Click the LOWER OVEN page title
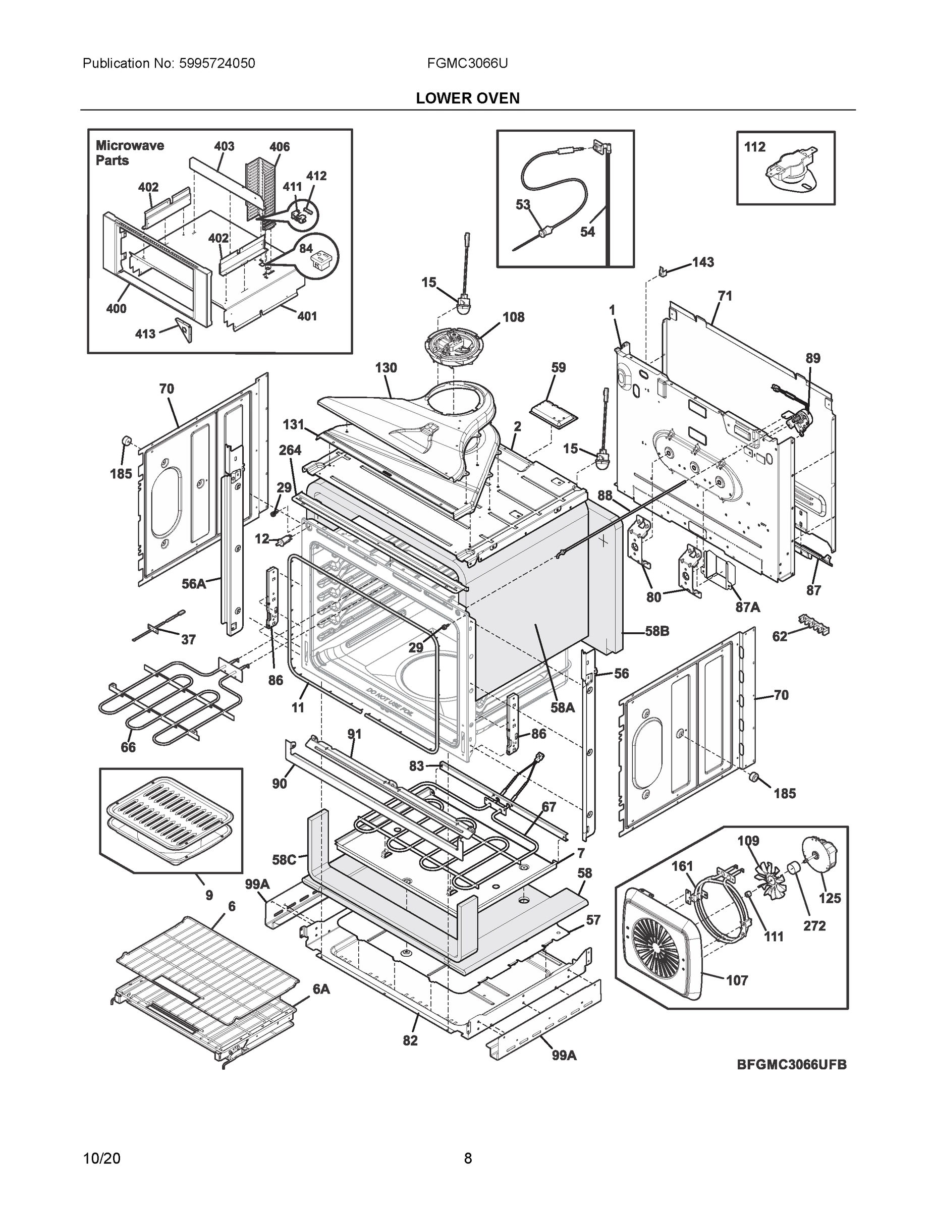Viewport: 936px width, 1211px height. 467,98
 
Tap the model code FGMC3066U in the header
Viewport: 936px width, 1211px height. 467,63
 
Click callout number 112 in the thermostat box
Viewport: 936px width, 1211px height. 754,147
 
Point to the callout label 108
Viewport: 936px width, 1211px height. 513,317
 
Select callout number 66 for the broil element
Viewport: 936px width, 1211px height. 128,747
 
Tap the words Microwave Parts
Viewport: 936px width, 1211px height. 129,153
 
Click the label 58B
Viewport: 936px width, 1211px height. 656,631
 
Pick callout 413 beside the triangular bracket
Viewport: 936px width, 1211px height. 145,334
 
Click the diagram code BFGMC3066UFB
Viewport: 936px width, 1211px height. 791,1065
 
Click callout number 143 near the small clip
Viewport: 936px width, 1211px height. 702,262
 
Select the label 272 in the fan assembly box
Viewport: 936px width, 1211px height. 814,925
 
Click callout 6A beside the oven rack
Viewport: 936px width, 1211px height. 320,988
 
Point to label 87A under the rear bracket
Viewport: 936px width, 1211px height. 747,607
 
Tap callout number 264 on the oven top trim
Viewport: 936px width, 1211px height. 290,450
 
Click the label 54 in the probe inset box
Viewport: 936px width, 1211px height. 587,232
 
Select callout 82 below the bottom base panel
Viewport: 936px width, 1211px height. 410,1041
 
